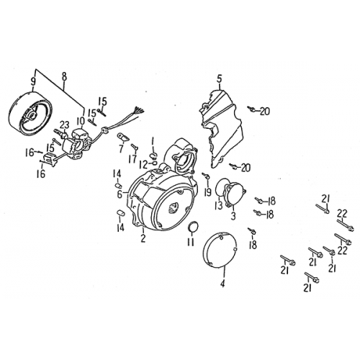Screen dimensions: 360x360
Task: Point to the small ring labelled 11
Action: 192,228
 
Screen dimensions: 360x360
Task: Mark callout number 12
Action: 143,165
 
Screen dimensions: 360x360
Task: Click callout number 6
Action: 119,194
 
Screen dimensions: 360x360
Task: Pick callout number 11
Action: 191,243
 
